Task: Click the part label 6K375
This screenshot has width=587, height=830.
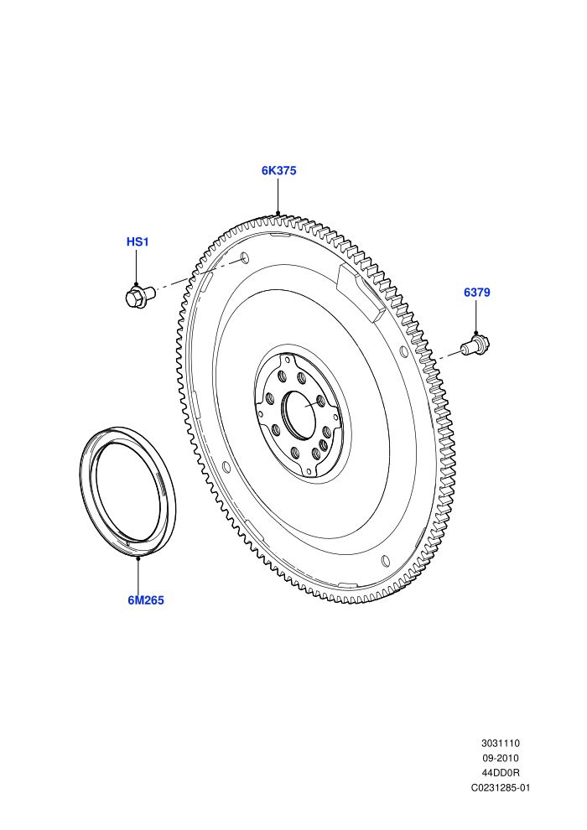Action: coord(278,170)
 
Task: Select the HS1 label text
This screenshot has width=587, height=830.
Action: coord(137,242)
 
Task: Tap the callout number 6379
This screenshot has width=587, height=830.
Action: coord(477,293)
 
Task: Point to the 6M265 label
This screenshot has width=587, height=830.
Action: coord(146,600)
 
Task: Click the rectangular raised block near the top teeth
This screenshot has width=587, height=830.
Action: coord(361,293)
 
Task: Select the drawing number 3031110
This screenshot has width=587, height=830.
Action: coord(500,743)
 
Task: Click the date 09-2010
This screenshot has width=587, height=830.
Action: coord(500,758)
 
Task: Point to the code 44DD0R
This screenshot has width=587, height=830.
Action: coord(500,773)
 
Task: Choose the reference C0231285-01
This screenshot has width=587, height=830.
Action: coord(500,787)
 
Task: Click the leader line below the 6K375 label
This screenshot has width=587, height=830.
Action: coord(278,196)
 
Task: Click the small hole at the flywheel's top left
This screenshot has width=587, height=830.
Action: coord(245,257)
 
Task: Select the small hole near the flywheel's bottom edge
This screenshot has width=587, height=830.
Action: coord(385,561)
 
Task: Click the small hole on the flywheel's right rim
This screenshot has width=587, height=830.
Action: coord(404,352)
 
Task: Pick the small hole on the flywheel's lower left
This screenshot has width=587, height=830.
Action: coord(226,467)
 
